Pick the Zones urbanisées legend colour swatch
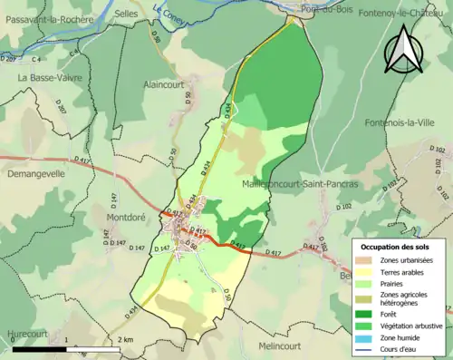pyautogui.click(x=364, y=260)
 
